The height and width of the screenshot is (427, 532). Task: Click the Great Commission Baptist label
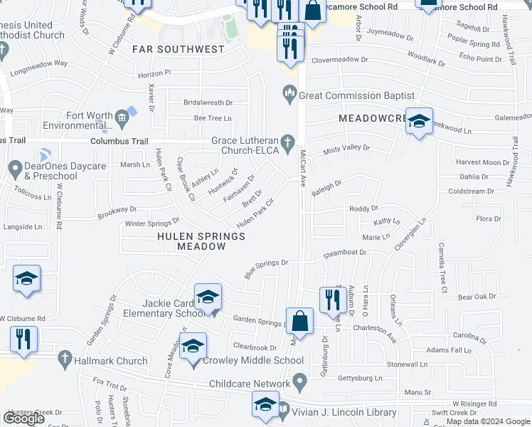coord(356,95)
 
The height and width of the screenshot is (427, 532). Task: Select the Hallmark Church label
coord(111,361)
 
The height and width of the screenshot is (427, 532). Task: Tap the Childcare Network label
coord(250,384)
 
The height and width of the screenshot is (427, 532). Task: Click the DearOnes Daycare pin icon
coord(15,169)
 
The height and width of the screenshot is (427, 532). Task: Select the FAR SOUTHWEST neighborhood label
coord(178,50)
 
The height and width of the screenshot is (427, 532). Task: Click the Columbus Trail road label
coord(118,142)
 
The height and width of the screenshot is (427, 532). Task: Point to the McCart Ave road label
coord(302,168)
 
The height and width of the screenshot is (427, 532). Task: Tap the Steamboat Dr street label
coord(344,253)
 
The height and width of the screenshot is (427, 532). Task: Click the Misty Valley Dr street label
coord(346,148)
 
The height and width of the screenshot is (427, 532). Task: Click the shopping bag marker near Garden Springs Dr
coord(300,320)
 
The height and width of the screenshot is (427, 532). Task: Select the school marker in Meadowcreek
coord(420,122)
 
